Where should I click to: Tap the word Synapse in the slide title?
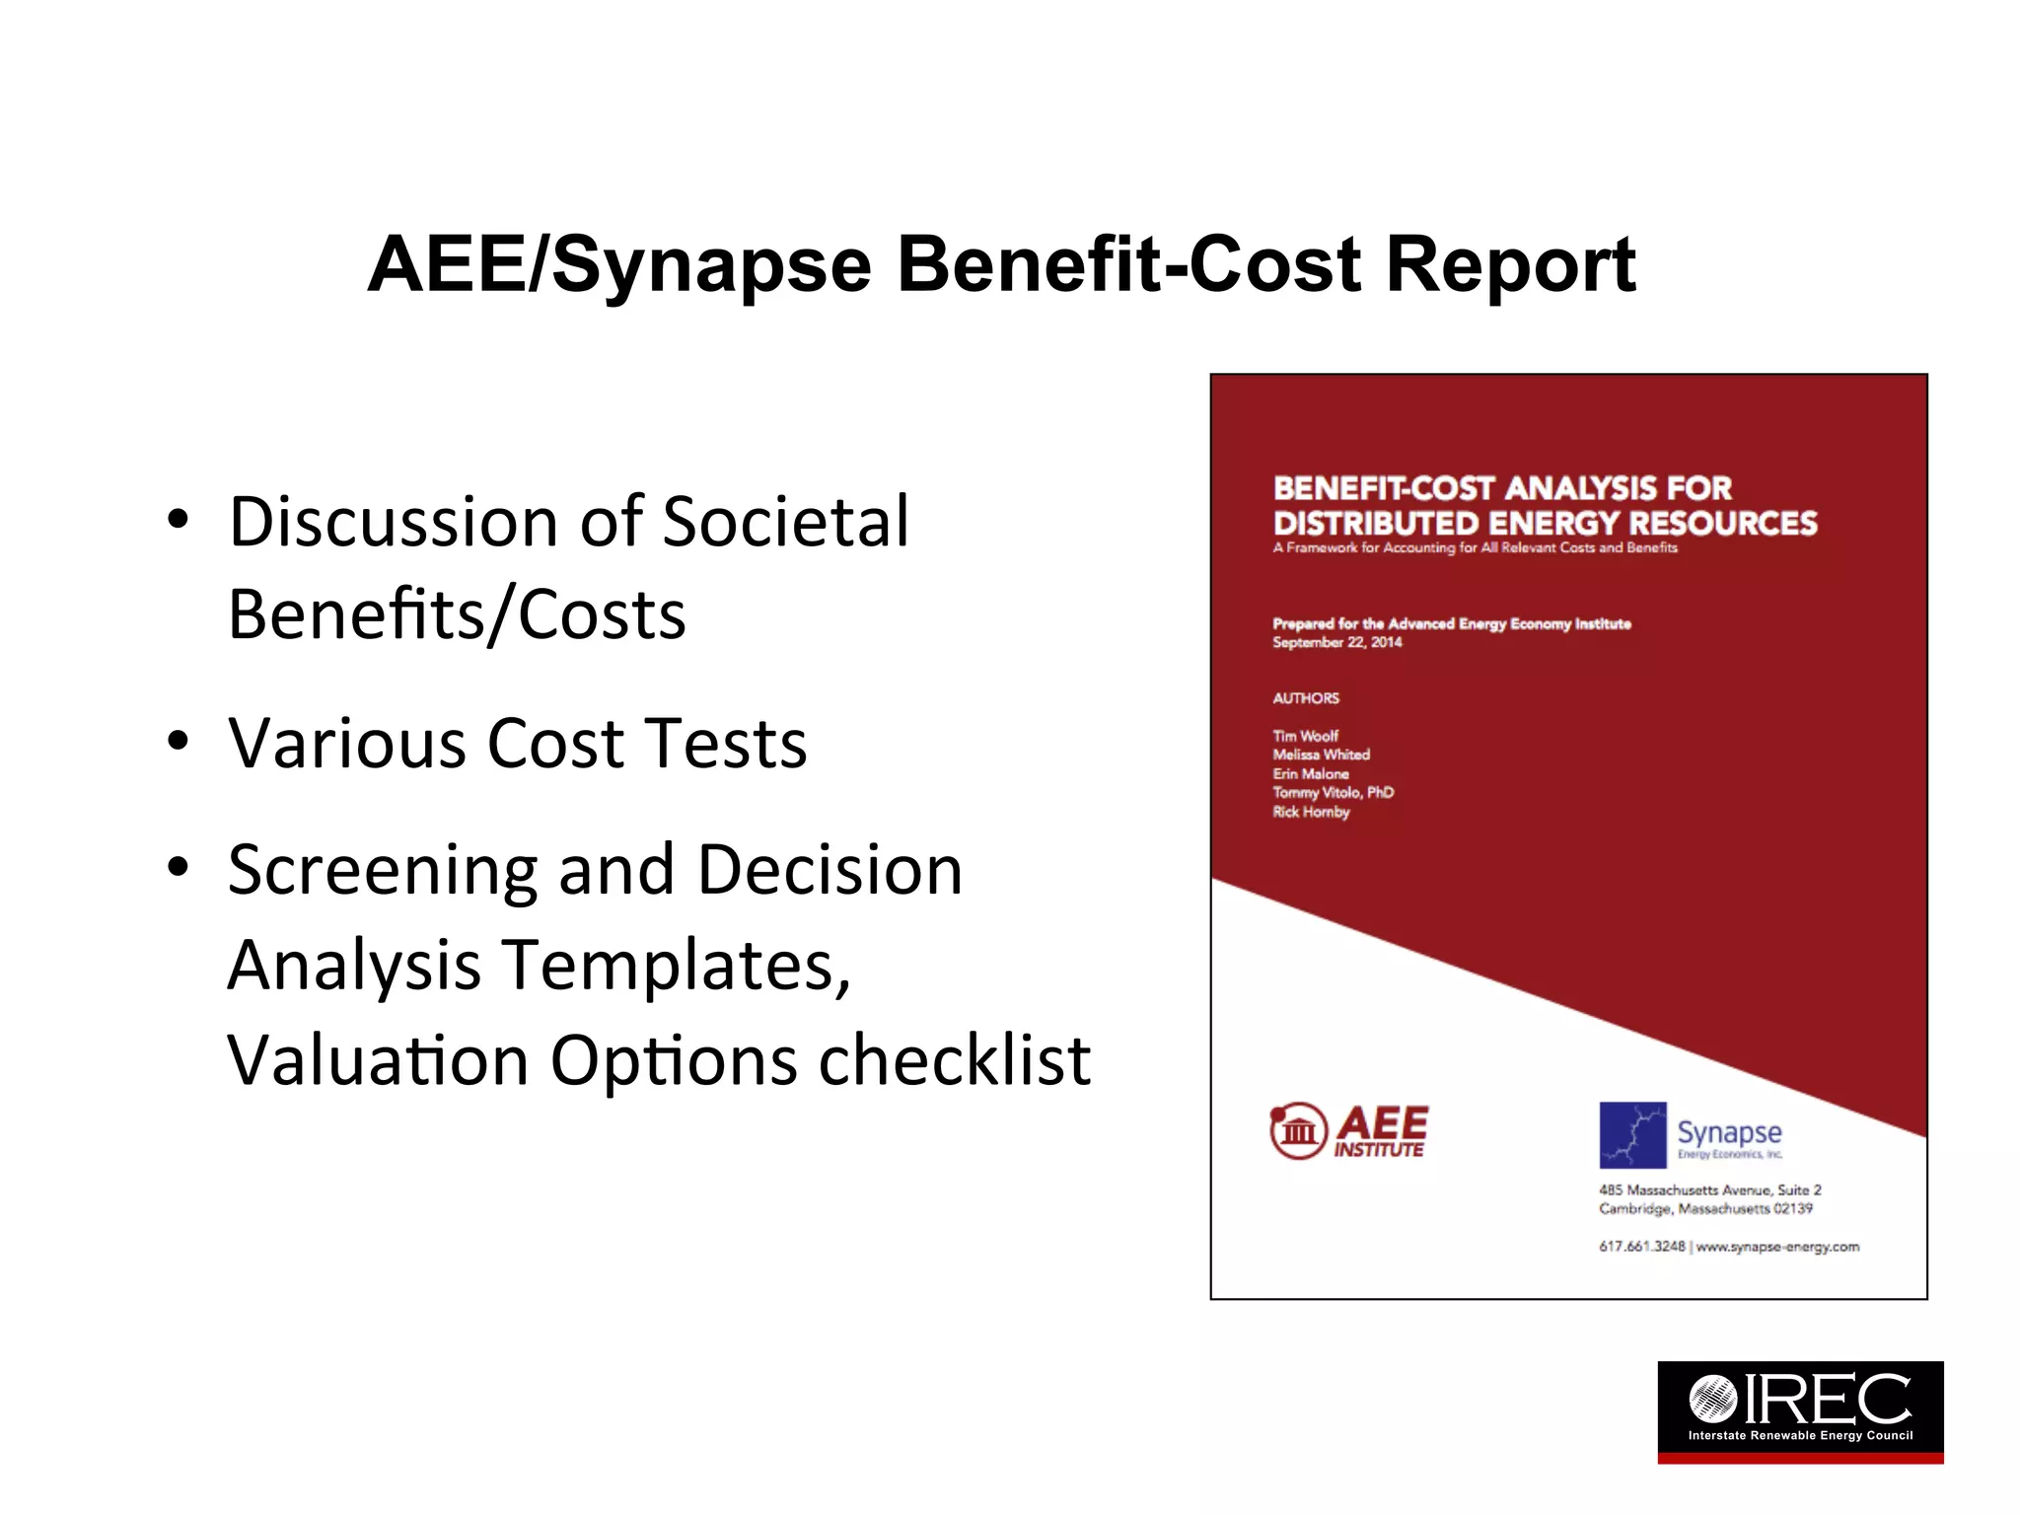coord(712,266)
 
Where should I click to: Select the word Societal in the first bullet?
coord(786,522)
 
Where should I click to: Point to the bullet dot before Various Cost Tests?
coord(178,741)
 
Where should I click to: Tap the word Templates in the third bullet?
coord(677,965)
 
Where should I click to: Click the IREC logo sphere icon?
coord(1712,1398)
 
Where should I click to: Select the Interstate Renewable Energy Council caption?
coord(1800,1435)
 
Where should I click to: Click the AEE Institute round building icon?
coord(1298,1130)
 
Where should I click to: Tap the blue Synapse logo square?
coord(1632,1134)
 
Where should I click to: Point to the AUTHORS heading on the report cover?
coord(1306,698)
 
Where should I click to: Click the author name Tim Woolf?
coord(1305,736)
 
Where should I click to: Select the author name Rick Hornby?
coord(1310,812)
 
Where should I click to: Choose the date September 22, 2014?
coord(1336,642)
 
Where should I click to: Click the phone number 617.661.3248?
coord(1641,1247)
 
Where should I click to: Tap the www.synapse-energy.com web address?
coord(1777,1247)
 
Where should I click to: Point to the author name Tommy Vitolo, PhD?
coord(1333,792)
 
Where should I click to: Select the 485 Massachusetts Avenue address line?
coord(1709,1190)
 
